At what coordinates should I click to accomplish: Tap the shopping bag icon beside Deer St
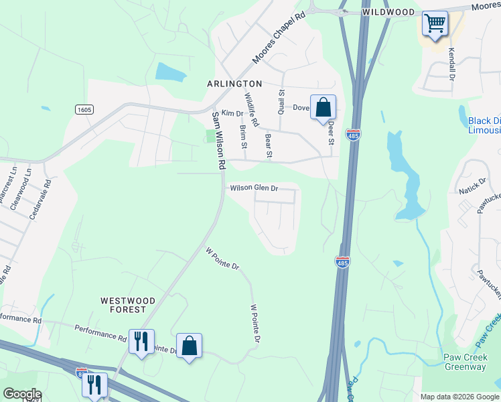coord(323,107)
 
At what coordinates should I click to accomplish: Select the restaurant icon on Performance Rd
coord(141,342)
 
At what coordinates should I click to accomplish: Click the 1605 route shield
coord(84,109)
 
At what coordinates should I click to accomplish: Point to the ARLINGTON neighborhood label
coord(234,83)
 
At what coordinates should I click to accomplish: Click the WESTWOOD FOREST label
coord(128,305)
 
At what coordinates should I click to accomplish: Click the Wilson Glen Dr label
coord(254,188)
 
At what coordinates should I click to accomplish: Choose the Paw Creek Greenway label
coord(470,362)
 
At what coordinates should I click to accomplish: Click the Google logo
coord(23,394)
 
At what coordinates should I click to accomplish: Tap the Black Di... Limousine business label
coord(484,125)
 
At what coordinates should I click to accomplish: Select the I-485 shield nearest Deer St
coord(353,135)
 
